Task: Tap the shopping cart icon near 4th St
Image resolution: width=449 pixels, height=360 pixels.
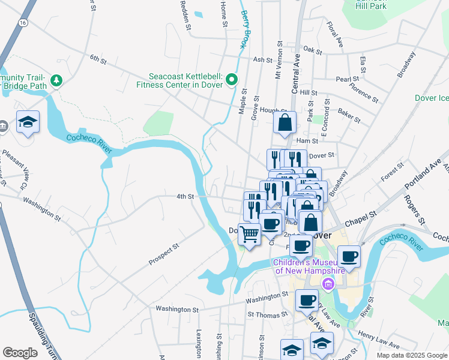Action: click(249, 233)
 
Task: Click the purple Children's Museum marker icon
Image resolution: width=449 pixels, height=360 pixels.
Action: click(328, 283)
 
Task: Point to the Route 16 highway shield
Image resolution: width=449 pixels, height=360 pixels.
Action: click(22, 22)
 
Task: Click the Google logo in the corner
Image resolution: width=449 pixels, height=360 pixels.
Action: click(20, 353)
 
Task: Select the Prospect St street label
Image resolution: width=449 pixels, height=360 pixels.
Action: click(164, 254)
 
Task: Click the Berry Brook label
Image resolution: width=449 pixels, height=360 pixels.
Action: click(244, 28)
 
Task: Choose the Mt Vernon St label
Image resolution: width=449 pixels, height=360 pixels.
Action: click(278, 61)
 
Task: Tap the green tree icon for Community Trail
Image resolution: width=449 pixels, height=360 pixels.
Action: click(56, 80)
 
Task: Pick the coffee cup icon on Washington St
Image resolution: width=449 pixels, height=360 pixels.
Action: click(307, 299)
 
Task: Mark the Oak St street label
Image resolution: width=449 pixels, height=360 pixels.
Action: click(313, 49)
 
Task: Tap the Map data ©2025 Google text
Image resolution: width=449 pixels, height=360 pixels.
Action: click(411, 355)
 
